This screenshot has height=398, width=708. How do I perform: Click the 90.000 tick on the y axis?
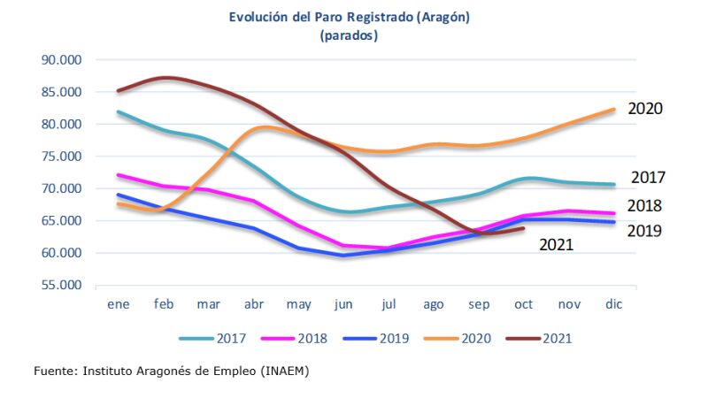point(61,60)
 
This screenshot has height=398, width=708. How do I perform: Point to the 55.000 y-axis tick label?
point(61,286)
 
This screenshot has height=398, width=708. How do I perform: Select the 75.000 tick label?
point(61,157)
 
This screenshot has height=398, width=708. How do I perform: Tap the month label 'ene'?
point(118,305)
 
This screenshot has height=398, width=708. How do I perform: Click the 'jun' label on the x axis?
point(344,305)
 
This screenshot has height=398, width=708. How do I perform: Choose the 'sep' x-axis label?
point(480,305)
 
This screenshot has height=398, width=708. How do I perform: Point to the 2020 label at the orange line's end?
point(645,109)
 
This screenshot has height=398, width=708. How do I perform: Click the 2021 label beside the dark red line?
point(557,244)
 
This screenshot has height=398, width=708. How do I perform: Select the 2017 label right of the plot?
point(648,178)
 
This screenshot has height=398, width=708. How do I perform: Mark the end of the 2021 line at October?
point(525,228)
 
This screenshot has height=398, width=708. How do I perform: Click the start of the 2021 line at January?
point(118,91)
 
